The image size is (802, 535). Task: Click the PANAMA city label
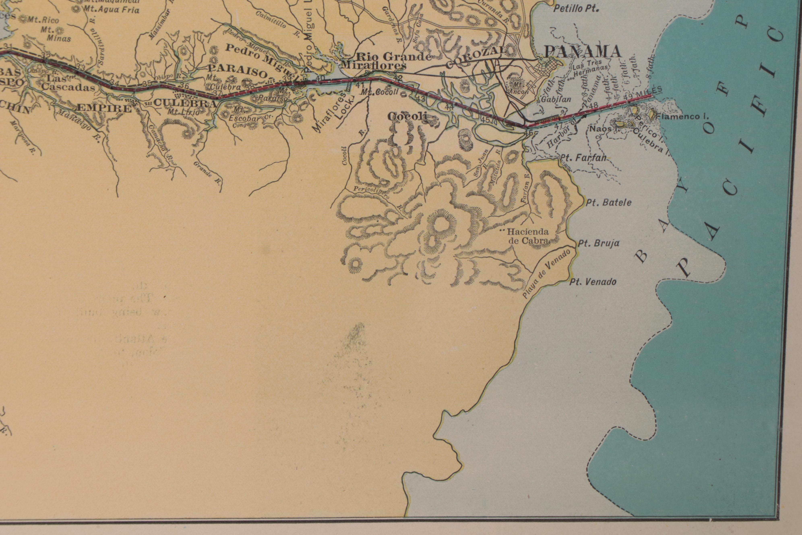(582, 52)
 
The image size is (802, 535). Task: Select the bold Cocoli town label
(407, 117)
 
